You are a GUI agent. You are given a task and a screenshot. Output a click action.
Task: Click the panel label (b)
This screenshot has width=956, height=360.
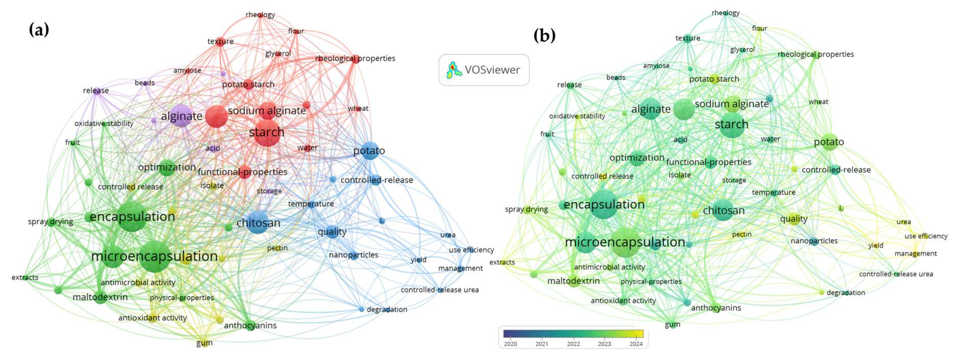pyautogui.click(x=544, y=36)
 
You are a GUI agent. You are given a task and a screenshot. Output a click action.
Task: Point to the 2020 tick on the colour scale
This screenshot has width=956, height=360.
pyautogui.click(x=510, y=344)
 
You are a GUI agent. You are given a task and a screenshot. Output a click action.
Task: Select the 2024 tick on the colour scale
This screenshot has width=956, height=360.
pyautogui.click(x=636, y=344)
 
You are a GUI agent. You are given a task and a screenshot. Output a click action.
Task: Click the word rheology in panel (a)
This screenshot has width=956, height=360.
pyautogui.click(x=260, y=15)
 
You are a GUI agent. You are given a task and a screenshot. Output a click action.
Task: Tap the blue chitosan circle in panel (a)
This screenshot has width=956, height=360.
pyautogui.click(x=257, y=222)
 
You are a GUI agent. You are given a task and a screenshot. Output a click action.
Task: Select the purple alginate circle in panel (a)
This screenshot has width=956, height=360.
pyautogui.click(x=181, y=116)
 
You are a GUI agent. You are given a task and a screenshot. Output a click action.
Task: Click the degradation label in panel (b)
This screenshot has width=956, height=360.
pyautogui.click(x=846, y=292)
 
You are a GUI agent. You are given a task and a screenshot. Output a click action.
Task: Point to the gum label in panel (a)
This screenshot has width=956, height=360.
pyautogui.click(x=204, y=343)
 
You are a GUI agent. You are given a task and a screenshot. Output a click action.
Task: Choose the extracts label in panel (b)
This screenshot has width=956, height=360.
pyautogui.click(x=502, y=262)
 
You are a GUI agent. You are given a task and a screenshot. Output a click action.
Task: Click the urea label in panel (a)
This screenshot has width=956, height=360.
pyautogui.click(x=448, y=235)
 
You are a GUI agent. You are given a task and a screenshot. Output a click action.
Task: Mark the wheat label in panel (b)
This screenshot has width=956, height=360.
pyautogui.click(x=818, y=102)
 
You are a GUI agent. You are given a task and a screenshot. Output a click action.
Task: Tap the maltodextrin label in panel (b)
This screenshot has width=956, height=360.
pyautogui.click(x=573, y=281)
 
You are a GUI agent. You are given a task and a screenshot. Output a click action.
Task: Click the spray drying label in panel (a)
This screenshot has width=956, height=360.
pyautogui.click(x=50, y=221)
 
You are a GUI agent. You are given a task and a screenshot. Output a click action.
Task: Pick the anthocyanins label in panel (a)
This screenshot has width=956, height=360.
pyautogui.click(x=250, y=325)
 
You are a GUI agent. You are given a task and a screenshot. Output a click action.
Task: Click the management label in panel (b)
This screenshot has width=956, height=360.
pyautogui.click(x=916, y=253)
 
